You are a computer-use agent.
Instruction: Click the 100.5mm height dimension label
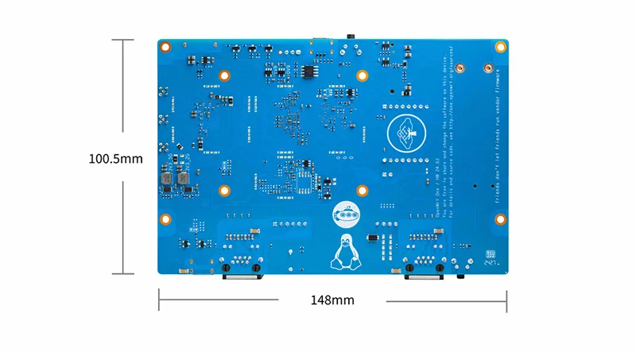pos(115,158)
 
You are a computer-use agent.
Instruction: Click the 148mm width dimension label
pos(332,300)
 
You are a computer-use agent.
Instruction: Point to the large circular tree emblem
pos(407,134)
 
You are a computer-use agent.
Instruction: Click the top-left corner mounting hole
pos(167,47)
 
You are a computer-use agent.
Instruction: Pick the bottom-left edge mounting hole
pos(167,220)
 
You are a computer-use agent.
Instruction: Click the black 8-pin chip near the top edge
pos(308,70)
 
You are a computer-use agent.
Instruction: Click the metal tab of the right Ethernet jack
pos(422,277)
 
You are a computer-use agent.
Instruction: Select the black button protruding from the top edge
pos(351,37)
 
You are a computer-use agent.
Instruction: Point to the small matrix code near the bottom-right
pos(491,255)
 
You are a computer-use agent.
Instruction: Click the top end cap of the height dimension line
pos(122,40)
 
